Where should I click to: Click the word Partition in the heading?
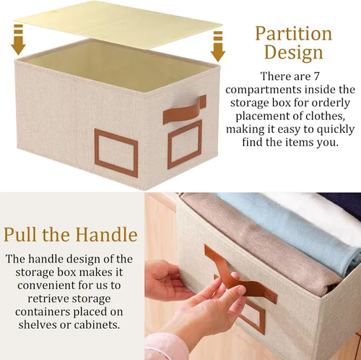click(x=293, y=33)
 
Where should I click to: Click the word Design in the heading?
click(x=293, y=52)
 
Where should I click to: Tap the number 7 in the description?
click(x=316, y=77)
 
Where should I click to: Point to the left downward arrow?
click(x=18, y=40)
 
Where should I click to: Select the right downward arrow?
click(x=218, y=46)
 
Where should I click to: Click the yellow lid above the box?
click(x=118, y=24)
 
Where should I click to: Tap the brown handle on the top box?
click(x=185, y=110)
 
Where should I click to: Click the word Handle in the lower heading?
click(x=106, y=235)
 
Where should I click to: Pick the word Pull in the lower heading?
click(x=20, y=235)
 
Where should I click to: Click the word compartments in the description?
click(x=264, y=90)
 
